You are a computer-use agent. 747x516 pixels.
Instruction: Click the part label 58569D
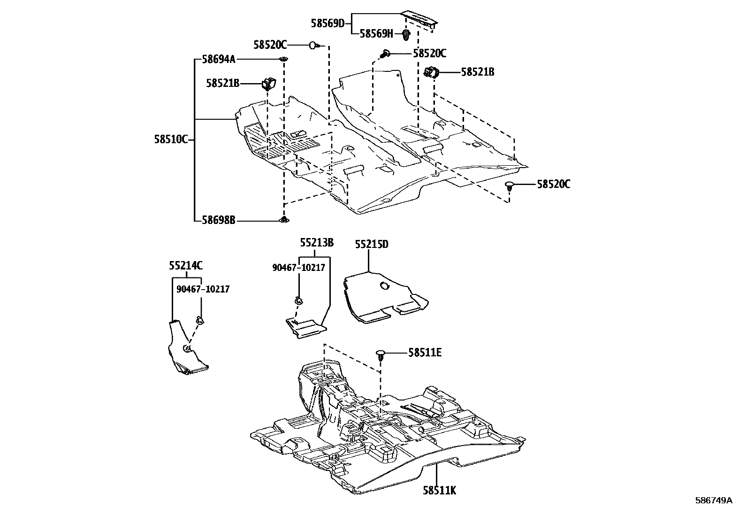(x=328, y=23)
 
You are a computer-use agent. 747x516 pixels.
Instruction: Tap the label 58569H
(x=376, y=33)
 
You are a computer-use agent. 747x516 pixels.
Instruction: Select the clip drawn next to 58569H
(x=406, y=34)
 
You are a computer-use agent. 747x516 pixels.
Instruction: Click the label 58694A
(x=219, y=59)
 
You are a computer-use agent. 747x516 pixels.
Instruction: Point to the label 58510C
(x=171, y=139)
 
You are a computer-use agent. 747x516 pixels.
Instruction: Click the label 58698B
(x=219, y=219)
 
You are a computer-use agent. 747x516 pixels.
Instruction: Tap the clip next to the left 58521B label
(x=269, y=84)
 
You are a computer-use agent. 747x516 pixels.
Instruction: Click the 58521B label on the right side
(x=477, y=72)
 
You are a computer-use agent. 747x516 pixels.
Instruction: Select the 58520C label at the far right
(x=554, y=184)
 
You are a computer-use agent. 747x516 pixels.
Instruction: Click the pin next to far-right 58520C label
(x=510, y=186)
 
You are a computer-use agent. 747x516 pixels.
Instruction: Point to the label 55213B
(x=317, y=243)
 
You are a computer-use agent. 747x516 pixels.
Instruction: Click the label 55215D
(x=372, y=244)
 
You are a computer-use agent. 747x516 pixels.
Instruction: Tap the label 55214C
(x=186, y=266)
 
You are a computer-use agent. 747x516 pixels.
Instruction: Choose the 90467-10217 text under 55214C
(x=203, y=289)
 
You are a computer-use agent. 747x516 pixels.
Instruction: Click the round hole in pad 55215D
(x=385, y=286)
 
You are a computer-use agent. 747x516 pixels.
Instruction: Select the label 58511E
(x=425, y=352)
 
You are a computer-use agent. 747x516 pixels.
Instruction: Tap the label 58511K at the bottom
(x=439, y=491)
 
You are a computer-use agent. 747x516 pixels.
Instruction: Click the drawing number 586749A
(x=714, y=501)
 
